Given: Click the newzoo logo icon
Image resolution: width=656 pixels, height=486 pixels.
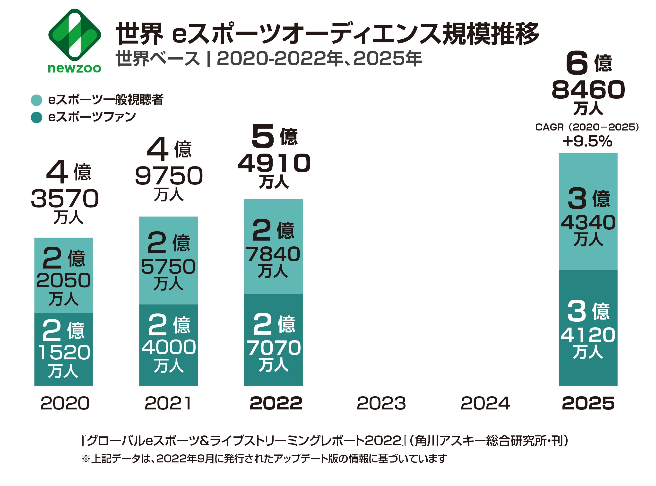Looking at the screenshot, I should click(74, 35).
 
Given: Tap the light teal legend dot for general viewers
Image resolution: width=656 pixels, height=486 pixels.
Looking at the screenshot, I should click(36, 100).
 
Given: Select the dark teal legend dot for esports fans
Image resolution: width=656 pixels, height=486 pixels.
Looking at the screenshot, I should click(36, 117).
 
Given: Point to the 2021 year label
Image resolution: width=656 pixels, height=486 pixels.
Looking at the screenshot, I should click(168, 403).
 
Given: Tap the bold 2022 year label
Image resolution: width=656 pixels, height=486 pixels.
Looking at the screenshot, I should click(276, 403).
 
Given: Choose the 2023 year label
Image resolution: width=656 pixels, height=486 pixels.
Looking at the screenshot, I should click(381, 403).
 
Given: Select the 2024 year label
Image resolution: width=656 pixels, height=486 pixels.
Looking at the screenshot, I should click(485, 403).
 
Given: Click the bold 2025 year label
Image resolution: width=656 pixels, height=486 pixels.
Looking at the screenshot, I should click(588, 403).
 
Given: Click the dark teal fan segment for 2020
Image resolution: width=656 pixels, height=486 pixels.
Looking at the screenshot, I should click(64, 349).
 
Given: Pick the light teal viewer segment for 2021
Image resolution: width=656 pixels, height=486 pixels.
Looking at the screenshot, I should click(168, 260).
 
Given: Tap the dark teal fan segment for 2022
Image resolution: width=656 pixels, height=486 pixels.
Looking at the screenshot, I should click(273, 340).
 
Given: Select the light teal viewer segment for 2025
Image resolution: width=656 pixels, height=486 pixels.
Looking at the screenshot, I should click(588, 211).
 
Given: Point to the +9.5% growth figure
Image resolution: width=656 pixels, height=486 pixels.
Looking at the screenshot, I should click(587, 141).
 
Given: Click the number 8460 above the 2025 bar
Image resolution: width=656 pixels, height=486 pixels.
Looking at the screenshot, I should click(588, 90).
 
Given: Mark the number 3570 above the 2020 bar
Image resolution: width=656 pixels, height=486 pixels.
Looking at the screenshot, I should click(65, 199).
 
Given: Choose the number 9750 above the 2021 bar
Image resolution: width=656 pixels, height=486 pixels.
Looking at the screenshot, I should click(169, 176).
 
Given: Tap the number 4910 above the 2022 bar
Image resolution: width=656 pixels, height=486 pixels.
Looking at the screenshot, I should click(274, 163).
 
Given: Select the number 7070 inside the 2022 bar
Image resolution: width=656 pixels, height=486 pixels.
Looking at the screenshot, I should click(274, 348).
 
